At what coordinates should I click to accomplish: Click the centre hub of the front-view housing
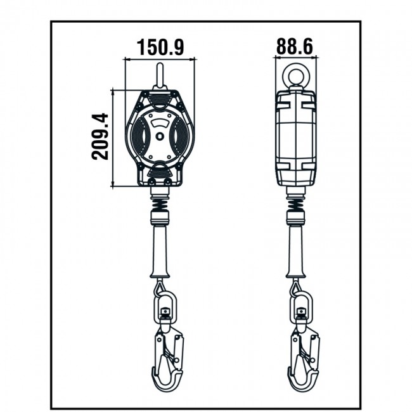[x=160, y=136]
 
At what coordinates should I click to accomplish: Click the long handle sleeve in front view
[x=160, y=250]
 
